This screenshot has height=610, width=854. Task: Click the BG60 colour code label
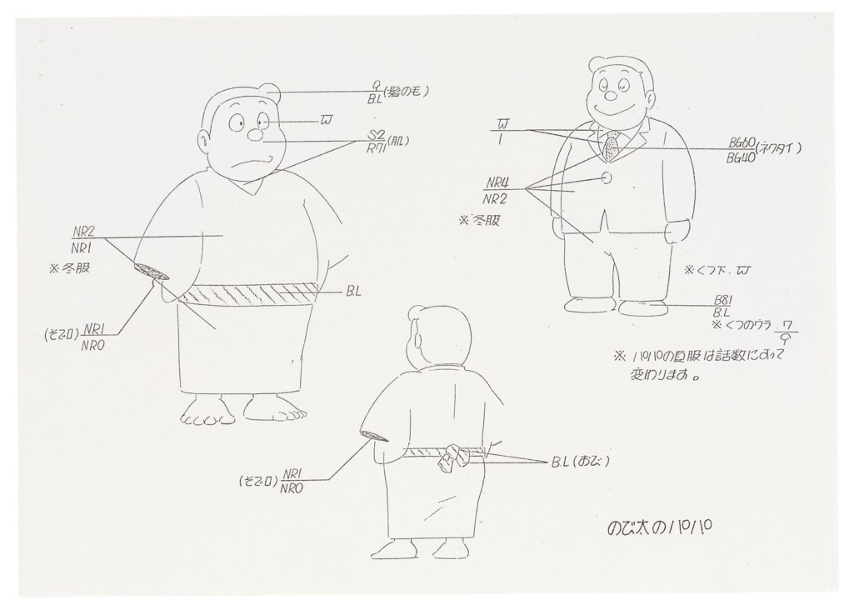point(736,142)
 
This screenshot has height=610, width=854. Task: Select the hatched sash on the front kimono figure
point(250,293)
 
